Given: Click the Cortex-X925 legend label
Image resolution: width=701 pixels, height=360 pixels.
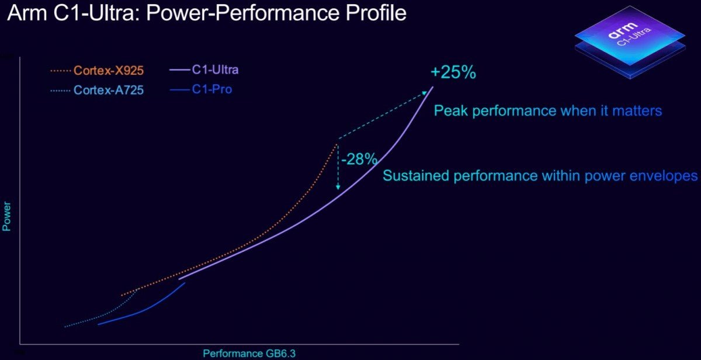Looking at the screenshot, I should [109, 71].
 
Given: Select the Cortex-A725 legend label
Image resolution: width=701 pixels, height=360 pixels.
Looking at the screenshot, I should [109, 91].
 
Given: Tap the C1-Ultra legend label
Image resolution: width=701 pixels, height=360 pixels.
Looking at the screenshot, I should [215, 70].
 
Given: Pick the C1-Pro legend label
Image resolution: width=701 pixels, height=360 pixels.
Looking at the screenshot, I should [211, 91].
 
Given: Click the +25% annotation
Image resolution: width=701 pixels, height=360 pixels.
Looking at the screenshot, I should [453, 74].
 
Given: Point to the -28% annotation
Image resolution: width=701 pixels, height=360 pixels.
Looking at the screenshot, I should [359, 159].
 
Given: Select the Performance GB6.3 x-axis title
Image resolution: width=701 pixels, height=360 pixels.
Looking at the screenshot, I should [245, 353].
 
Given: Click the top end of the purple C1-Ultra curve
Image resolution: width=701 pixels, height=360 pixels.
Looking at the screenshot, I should [433, 87].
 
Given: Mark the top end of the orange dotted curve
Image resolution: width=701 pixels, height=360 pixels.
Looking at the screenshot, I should [337, 144].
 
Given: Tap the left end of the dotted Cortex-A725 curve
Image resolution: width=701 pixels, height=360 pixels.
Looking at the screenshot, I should [65, 327].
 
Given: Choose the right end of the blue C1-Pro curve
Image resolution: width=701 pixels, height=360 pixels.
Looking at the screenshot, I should [185, 283].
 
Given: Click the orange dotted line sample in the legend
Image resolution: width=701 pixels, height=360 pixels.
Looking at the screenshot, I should [60, 71].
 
